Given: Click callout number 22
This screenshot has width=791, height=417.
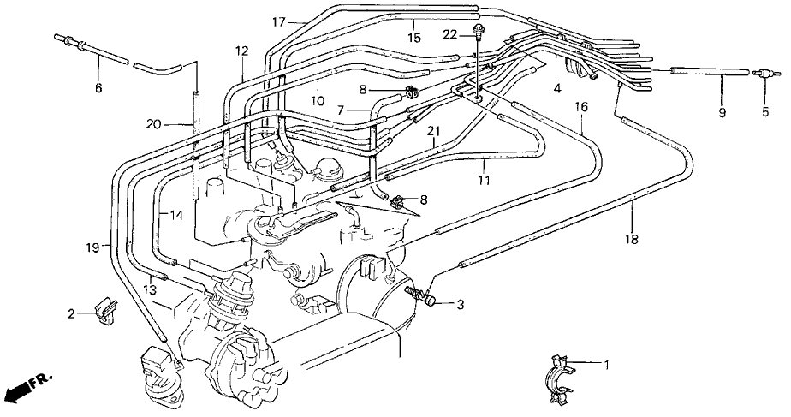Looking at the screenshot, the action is point(450,34).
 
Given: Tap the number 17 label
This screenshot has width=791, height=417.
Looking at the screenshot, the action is point(279,22).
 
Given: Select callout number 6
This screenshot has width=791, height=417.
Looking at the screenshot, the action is point(98,88).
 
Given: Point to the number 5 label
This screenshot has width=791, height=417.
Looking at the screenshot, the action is point(765,111).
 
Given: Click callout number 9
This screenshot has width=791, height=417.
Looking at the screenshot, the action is point(722,112).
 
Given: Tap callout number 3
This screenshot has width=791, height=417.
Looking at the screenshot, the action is point(460,305).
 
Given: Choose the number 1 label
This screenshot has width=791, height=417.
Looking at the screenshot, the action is point(607,364).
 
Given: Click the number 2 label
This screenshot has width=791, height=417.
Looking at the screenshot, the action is point(72,314).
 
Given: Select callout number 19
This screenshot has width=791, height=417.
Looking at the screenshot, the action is point(92,247).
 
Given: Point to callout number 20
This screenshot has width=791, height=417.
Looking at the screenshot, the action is point(154,123).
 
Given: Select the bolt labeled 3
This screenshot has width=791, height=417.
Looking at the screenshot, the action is point(421,296).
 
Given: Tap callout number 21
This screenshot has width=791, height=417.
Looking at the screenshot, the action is point(434,132).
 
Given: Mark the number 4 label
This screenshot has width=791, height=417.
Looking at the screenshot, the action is point(557,89).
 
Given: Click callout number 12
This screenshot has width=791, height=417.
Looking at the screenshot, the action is point(241,51).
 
